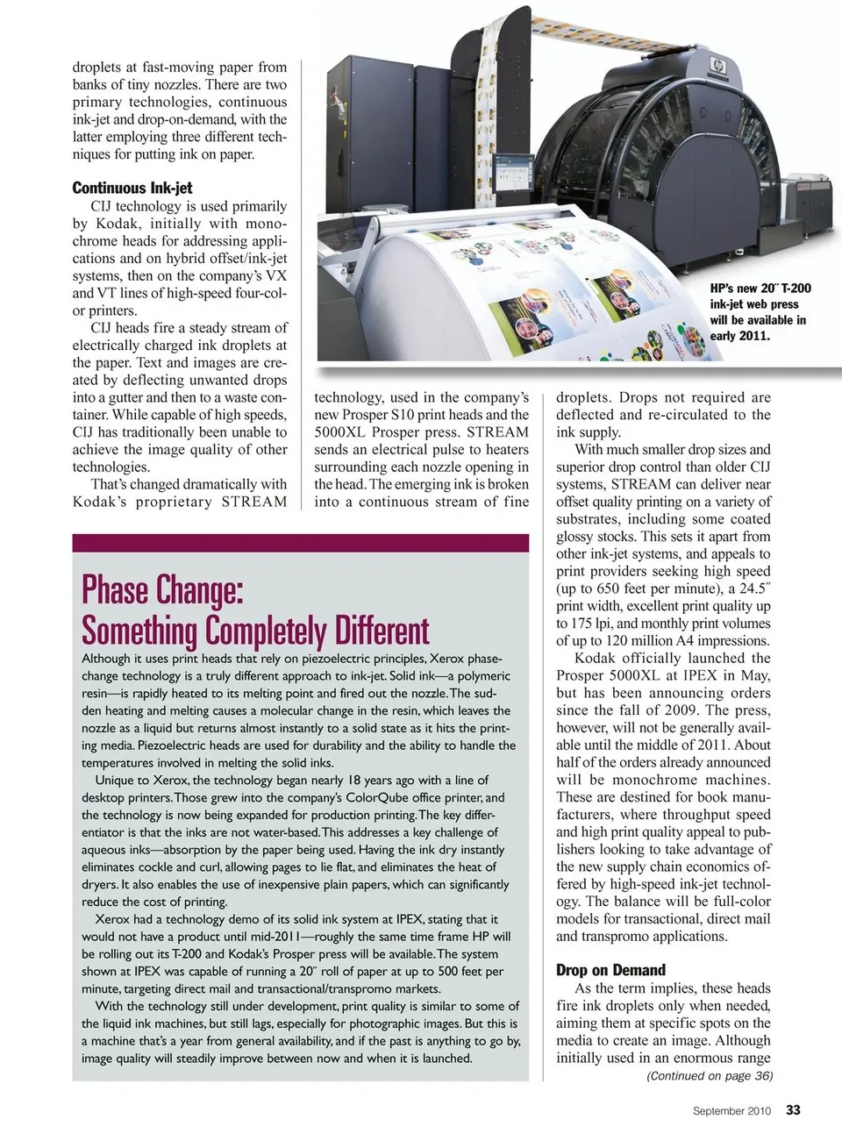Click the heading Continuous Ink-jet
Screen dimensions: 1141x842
pyautogui.click(x=132, y=188)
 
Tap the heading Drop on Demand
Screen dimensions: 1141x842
pyautogui.click(x=610, y=970)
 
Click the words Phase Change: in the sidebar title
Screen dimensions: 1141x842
pyautogui.click(x=161, y=590)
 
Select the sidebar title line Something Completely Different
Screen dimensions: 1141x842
pyautogui.click(x=255, y=631)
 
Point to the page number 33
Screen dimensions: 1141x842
pyautogui.click(x=793, y=1110)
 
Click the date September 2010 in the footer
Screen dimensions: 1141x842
pyautogui.click(x=731, y=1111)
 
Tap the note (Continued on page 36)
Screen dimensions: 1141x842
pyautogui.click(x=709, y=1076)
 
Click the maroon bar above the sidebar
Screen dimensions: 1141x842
pyautogui.click(x=300, y=543)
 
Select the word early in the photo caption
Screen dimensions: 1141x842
pyautogui.click(x=726, y=335)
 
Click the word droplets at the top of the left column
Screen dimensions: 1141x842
pyautogui.click(x=99, y=67)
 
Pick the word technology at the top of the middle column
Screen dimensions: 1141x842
pyautogui.click(x=348, y=397)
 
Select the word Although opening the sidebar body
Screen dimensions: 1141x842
pyautogui.click(x=106, y=659)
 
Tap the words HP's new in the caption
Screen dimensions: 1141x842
pyautogui.click(x=731, y=288)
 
